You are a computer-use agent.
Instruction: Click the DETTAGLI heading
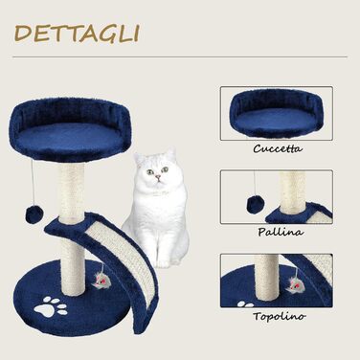pyautogui.click(x=77, y=34)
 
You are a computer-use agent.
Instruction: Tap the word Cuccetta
pyautogui.click(x=278, y=148)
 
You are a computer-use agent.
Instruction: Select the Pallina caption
pyautogui.click(x=281, y=232)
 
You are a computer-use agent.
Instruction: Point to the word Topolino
pyautogui.click(x=280, y=316)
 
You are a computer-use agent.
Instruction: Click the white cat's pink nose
pyautogui.click(x=157, y=176)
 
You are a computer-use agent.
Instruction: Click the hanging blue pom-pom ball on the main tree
pyautogui.click(x=32, y=213)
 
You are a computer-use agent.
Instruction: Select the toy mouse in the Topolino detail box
pyautogui.click(x=294, y=283)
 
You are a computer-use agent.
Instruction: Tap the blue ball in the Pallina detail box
pyautogui.click(x=255, y=204)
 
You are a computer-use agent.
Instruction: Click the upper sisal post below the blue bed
pyautogui.click(x=72, y=189)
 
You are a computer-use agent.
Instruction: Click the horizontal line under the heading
pyautogui.click(x=180, y=57)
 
